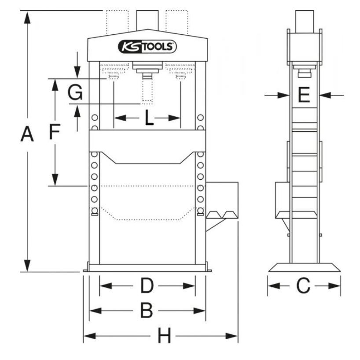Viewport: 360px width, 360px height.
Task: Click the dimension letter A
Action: coord(27,134)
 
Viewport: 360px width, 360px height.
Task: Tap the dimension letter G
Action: coord(76,93)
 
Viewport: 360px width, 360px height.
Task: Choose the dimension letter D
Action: coord(147,286)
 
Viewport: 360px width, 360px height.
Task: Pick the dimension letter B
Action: coord(147,311)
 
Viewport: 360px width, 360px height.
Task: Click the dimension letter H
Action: coord(164,337)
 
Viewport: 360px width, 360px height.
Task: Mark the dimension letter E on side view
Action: coord(304,95)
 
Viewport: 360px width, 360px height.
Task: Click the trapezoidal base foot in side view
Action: coord(304,267)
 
